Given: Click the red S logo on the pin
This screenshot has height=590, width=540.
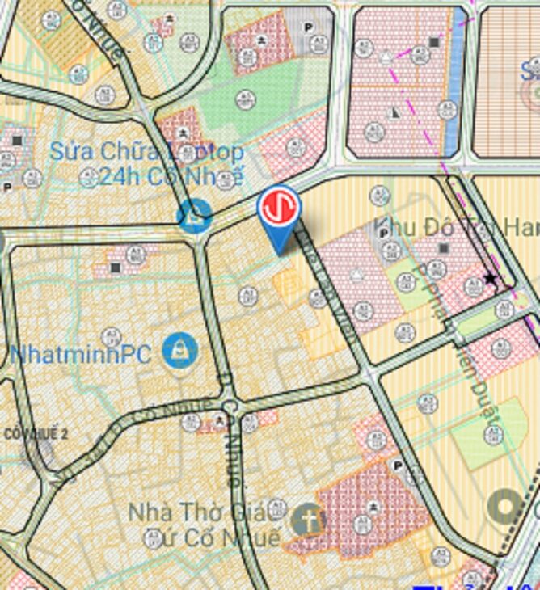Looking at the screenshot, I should [x=279, y=207].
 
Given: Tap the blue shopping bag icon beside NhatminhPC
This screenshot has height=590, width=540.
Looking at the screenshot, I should [x=179, y=351].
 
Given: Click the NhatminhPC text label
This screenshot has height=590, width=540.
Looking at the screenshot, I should [x=81, y=354].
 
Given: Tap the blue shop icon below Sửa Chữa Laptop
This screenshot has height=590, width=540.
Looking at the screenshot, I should [x=195, y=216].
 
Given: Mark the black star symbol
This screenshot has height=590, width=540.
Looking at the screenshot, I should [x=490, y=279].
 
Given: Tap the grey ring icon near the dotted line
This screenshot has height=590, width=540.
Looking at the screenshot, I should [x=507, y=507].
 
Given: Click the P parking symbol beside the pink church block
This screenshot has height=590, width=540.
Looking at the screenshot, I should [x=397, y=466].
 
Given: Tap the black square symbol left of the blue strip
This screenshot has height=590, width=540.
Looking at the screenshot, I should [x=434, y=42].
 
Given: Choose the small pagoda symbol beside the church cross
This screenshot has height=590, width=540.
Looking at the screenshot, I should [x=373, y=507].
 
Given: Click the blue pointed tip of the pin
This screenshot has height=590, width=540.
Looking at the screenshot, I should [x=280, y=252].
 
